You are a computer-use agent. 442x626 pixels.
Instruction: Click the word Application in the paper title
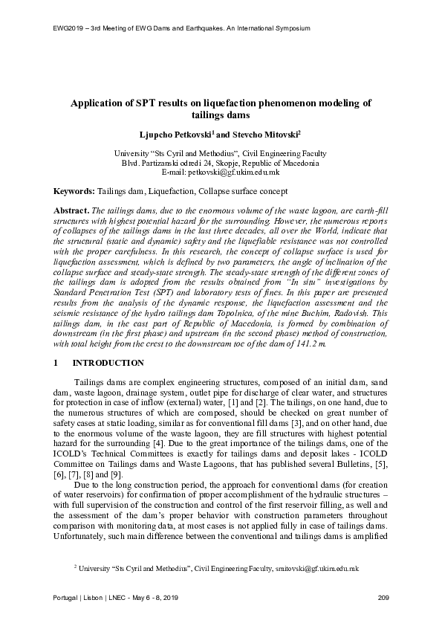click(97, 103)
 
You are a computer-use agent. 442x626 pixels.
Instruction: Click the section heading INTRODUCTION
click(108, 363)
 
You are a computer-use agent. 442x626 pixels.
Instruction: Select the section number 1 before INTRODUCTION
click(57, 363)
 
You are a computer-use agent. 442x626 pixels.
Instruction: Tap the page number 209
click(383, 598)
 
